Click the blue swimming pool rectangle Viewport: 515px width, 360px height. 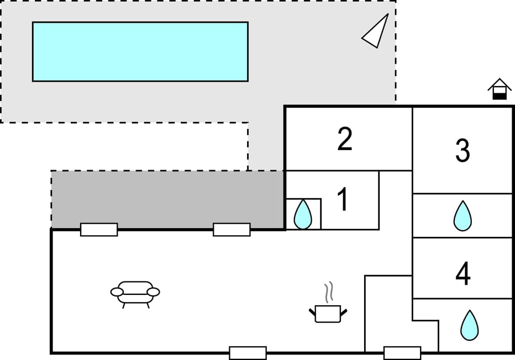click(x=140, y=51)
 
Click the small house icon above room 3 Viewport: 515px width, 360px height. click(x=500, y=89)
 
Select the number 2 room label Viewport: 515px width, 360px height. click(x=345, y=139)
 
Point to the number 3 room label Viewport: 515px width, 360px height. click(x=463, y=151)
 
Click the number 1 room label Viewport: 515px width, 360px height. click(x=343, y=199)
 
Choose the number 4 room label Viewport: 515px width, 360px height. click(x=463, y=274)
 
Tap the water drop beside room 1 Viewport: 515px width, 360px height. click(x=302, y=214)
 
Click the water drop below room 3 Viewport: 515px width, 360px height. click(x=463, y=215)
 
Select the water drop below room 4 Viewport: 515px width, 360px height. click(x=469, y=325)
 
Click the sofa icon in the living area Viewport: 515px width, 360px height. click(x=135, y=294)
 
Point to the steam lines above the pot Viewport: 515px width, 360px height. click(x=329, y=292)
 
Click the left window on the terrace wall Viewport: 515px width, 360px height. click(x=99, y=230)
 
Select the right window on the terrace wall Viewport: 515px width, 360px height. click(x=232, y=230)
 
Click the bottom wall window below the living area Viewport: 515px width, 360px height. click(x=248, y=353)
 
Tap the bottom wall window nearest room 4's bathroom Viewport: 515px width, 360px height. click(x=402, y=353)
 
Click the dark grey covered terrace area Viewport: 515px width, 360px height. click(x=167, y=199)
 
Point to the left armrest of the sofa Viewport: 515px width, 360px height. click(x=117, y=292)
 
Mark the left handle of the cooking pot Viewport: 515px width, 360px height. click(x=312, y=312)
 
